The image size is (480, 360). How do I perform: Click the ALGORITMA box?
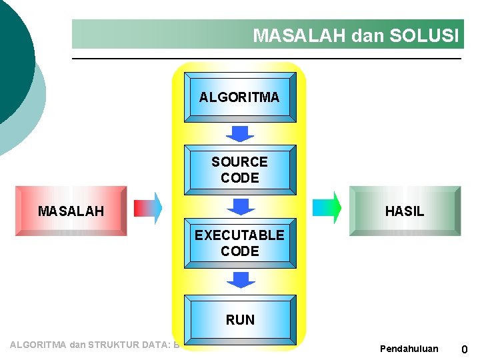click(239, 97)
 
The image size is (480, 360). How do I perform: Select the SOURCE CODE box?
click(239, 169)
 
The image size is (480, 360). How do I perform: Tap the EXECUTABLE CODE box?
click(239, 243)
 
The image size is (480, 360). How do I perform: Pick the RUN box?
click(240, 320)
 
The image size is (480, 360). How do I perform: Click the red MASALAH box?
click(71, 211)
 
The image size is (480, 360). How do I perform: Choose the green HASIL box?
click(405, 211)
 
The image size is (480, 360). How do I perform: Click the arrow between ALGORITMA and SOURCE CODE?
click(240, 133)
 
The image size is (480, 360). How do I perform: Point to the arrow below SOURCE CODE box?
click(240, 206)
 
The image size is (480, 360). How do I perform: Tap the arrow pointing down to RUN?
click(240, 279)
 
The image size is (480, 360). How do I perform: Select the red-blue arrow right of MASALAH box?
click(148, 208)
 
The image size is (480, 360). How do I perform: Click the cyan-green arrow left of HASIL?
click(327, 208)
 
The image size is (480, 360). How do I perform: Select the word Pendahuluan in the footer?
click(409, 349)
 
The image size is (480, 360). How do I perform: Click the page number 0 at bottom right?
click(464, 349)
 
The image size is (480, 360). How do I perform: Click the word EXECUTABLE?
click(239, 235)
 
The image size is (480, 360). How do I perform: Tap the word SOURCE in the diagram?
click(239, 162)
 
